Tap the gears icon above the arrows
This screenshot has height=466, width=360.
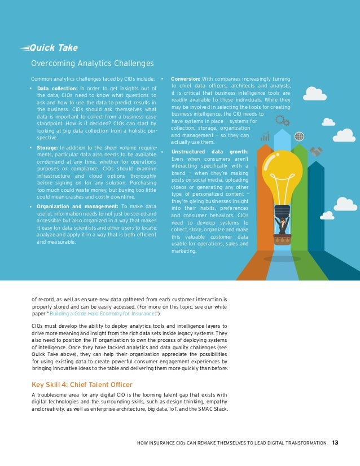click(282, 120)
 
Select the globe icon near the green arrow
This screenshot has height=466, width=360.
click(299, 136)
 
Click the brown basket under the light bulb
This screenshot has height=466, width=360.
click(282, 237)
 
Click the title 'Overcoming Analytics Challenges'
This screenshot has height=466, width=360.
click(92, 63)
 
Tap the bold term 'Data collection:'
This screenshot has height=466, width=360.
click(57, 88)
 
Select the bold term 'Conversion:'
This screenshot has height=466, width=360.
click(186, 78)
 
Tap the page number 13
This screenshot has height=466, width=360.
click(335, 442)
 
